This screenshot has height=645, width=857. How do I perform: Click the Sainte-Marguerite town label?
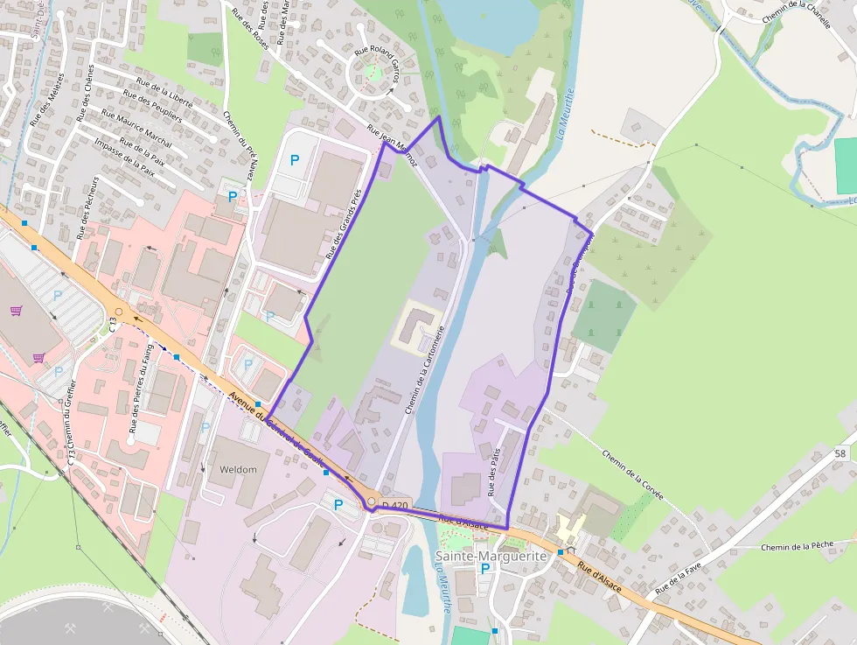click(x=491, y=556)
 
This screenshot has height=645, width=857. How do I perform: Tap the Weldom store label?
click(x=238, y=469)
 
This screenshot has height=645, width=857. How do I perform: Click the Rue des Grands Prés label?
click(x=344, y=224)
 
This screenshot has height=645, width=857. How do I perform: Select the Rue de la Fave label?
click(x=679, y=579)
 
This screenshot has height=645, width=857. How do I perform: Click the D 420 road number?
click(x=395, y=506)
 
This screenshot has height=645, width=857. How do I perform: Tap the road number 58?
click(x=840, y=453)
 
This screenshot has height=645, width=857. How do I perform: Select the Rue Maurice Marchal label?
click(x=136, y=128)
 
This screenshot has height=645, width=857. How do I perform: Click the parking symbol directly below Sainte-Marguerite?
click(x=485, y=568)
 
